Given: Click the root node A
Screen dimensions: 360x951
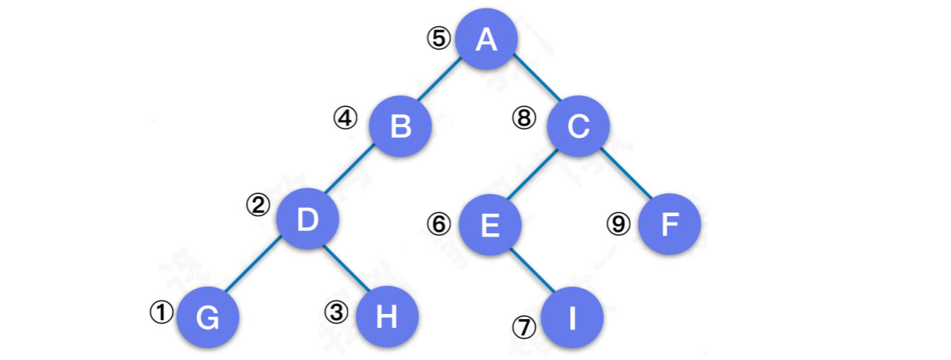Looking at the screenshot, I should coord(486,40).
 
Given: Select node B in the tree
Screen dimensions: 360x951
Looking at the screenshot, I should coord(400,127).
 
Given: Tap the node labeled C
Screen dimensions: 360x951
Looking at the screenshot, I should coord(578,127).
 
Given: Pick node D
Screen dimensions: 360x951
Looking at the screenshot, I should coord(308,220).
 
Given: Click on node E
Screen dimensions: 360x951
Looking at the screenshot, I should coord(490,225).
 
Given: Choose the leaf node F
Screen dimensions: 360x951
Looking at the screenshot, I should coord(670,225).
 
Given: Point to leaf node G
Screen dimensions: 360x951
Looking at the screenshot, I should coord(208,318).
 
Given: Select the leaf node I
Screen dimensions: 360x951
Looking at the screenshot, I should coord(573,318).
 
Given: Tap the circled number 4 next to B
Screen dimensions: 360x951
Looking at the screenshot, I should coord(346,118).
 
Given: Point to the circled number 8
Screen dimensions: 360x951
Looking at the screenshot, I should coord(525,118).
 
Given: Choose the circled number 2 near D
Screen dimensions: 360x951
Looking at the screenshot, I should coord(258,206).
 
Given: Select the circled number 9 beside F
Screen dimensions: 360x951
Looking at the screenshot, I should coord(619,224).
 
